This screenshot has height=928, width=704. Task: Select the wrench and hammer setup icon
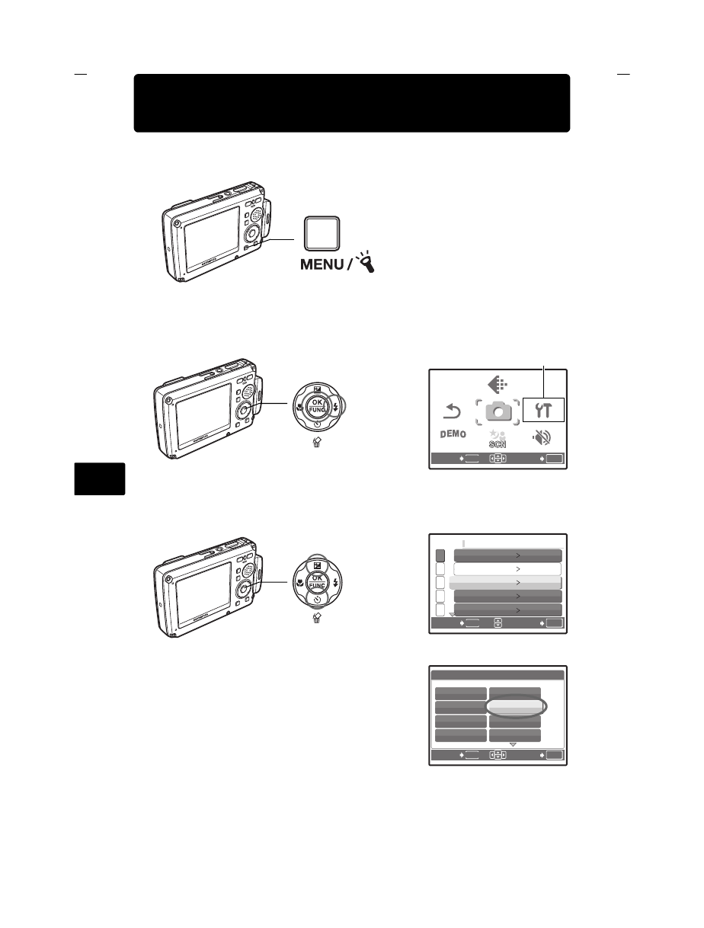tap(544, 411)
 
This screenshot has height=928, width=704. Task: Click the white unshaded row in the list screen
tap(507, 569)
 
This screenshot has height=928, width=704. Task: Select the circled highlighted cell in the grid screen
tap(514, 707)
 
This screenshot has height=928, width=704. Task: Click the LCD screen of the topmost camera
tap(210, 236)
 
